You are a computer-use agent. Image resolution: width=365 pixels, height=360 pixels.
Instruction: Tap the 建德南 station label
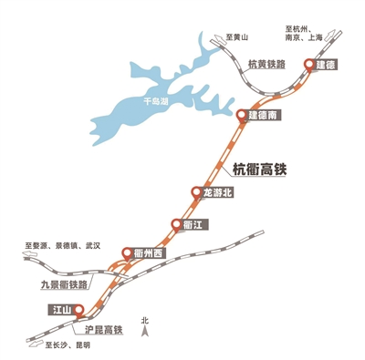tap(262, 117)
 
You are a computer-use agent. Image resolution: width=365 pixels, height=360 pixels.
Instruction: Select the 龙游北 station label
tap(216, 192)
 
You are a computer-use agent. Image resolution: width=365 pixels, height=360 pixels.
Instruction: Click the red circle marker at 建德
tap(309, 65)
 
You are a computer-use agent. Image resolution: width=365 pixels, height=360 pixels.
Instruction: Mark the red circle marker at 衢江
tap(175, 224)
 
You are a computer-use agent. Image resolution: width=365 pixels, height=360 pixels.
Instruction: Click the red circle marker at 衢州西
tap(127, 253)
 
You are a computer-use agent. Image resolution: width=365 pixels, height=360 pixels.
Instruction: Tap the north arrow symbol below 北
tap(143, 334)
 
